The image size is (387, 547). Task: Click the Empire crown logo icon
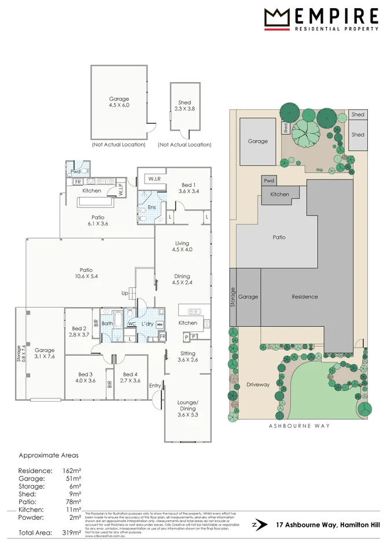pyautogui.click(x=277, y=19)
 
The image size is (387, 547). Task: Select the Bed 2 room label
pyautogui.click(x=77, y=331)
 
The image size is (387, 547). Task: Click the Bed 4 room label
pyautogui.click(x=129, y=377)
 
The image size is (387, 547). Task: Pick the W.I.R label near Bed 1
pyautogui.click(x=153, y=179)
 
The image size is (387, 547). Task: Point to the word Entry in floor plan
pyautogui.click(x=154, y=386)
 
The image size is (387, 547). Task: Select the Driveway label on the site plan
pyautogui.click(x=258, y=385)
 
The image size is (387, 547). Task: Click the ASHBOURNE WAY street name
pyautogui.click(x=300, y=426)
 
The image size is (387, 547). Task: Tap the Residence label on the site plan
pyautogui.click(x=304, y=297)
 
